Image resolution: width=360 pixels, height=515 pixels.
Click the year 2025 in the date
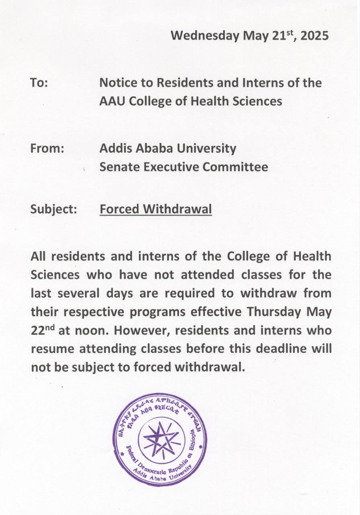coord(315,36)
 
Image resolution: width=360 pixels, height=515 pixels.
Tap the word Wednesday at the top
coord(205,36)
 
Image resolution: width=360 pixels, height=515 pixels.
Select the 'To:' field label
coord(39,83)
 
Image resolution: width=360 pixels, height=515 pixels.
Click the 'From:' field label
coord(47,148)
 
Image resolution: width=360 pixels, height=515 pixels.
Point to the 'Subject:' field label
coord(54,209)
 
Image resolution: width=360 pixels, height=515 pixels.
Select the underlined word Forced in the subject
coord(119,209)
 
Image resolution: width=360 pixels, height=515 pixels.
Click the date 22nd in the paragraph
coord(43,330)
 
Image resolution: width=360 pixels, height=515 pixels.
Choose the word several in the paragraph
coord(79,293)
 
